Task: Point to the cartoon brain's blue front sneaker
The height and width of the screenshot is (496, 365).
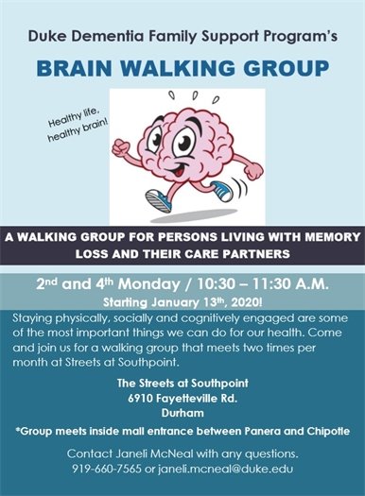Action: coord(157,201)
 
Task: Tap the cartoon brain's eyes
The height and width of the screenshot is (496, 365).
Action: coord(195,138)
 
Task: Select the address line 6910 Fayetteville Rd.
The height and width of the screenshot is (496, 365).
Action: coord(182,398)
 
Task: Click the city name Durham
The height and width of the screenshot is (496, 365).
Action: coord(182,412)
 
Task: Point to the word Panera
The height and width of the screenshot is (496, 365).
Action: coord(267,431)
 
